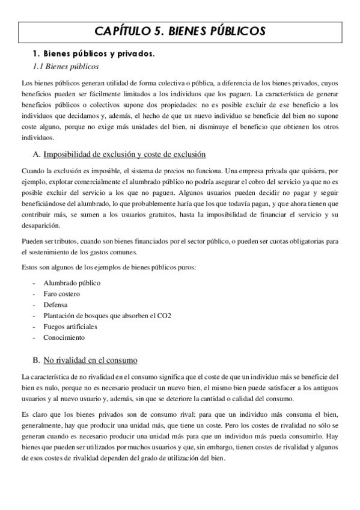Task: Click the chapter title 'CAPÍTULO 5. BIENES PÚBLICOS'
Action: click(x=180, y=31)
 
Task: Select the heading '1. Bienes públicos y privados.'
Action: click(x=93, y=54)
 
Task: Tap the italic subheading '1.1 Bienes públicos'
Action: click(x=66, y=66)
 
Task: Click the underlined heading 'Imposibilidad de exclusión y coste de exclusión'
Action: click(x=124, y=155)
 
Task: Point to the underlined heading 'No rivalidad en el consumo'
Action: click(x=90, y=360)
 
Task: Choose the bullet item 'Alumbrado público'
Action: click(x=72, y=283)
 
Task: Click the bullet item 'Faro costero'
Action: click(x=61, y=293)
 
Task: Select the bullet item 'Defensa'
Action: click(x=55, y=304)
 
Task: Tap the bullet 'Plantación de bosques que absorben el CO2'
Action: click(x=107, y=316)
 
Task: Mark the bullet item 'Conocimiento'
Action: click(x=64, y=337)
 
